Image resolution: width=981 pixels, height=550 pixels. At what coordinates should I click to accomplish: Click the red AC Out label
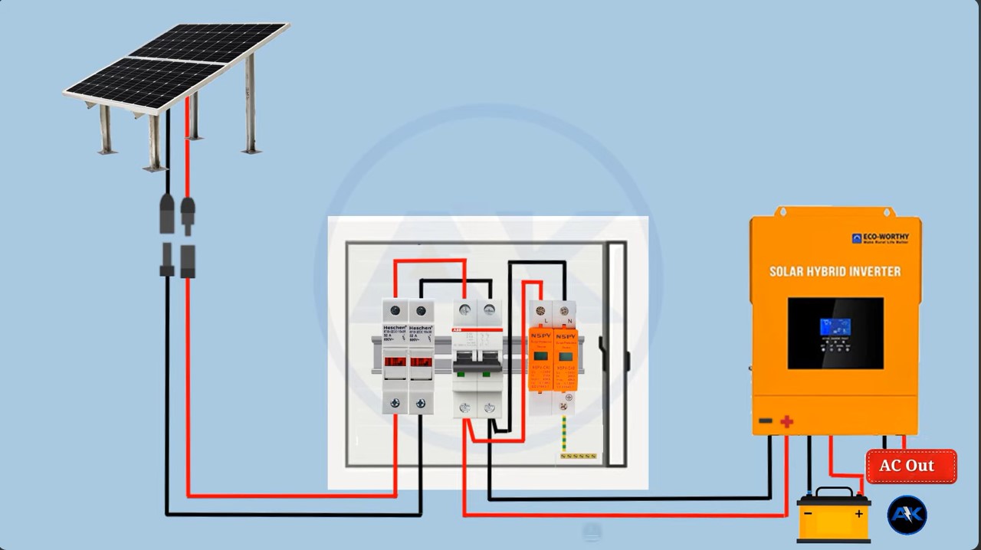tap(911, 466)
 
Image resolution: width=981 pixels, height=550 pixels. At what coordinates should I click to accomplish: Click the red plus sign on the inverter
tap(786, 421)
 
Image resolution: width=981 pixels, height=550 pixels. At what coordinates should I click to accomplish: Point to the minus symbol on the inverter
tap(765, 421)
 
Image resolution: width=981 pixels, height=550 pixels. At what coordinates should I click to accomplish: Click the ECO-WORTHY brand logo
tap(881, 239)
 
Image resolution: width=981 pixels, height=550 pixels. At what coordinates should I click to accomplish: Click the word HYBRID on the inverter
tap(836, 271)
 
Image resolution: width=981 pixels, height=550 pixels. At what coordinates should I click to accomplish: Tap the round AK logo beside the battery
tap(907, 516)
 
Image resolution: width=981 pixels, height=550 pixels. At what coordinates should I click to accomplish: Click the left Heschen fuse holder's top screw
tap(395, 310)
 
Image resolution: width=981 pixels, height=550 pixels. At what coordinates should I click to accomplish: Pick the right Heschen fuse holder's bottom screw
tap(421, 403)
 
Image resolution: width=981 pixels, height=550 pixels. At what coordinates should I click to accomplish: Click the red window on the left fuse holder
tap(395, 362)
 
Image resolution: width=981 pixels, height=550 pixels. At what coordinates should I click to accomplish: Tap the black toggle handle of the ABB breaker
tap(477, 366)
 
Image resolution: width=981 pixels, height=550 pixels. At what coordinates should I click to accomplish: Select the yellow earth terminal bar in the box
tap(579, 457)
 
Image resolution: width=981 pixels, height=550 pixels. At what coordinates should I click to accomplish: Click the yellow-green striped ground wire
tap(565, 434)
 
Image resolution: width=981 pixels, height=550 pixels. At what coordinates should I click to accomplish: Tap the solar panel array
tap(176, 65)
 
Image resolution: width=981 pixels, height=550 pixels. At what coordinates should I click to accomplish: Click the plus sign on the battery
tap(859, 514)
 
